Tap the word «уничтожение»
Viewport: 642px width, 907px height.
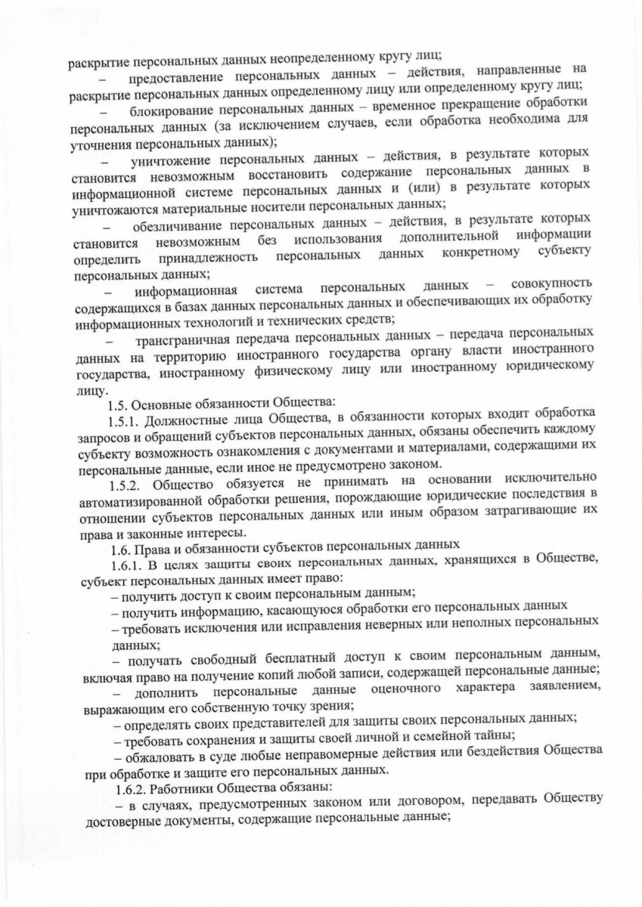(175, 162)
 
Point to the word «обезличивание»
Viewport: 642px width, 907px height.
(178, 228)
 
